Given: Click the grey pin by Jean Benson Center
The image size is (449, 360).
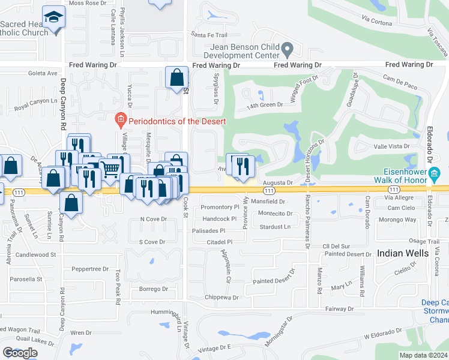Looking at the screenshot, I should [288, 47].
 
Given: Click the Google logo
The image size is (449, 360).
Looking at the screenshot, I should [20, 353].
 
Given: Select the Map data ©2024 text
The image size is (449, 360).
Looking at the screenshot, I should [423, 355].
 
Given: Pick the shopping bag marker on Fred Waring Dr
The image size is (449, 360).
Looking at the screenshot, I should [176, 77].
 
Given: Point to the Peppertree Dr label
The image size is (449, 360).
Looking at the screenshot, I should [89, 269].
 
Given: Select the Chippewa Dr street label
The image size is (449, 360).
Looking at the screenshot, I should [221, 297].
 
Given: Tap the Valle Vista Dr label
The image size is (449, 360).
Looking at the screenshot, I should [391, 146].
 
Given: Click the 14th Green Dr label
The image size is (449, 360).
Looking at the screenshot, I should [265, 105].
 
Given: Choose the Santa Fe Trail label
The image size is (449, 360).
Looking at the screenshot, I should [209, 34].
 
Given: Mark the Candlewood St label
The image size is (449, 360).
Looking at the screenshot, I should [35, 254].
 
